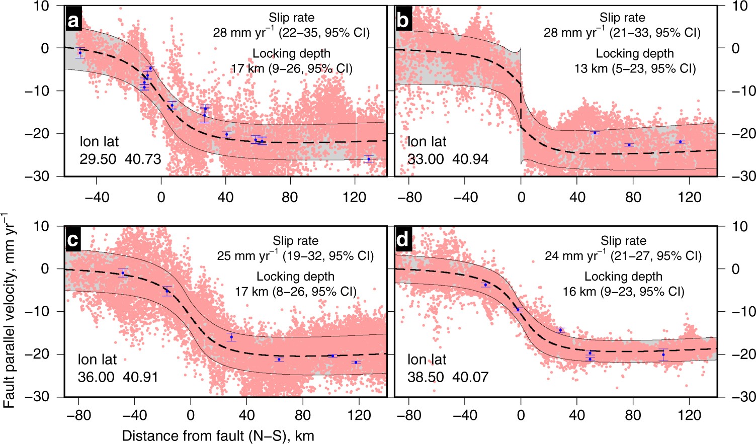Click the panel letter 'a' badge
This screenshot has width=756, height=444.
(x=74, y=21)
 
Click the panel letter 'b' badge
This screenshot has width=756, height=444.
(x=404, y=21)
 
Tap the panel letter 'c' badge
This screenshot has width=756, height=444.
(x=74, y=240)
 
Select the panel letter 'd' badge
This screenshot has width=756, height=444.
(x=404, y=240)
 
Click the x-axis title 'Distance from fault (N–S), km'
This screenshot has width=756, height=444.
(x=218, y=435)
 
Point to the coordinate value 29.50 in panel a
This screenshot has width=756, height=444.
(x=98, y=159)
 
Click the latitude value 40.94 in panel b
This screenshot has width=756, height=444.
(x=471, y=159)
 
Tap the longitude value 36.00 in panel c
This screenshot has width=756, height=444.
(x=96, y=377)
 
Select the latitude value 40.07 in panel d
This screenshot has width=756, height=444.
(x=470, y=377)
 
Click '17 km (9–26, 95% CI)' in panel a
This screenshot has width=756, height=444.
(x=291, y=68)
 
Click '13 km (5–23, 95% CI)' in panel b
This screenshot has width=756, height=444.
(x=635, y=68)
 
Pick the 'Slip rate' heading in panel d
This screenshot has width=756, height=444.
(x=623, y=241)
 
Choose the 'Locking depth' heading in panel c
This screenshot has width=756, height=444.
(x=295, y=277)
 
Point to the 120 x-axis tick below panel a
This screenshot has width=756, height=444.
(x=355, y=197)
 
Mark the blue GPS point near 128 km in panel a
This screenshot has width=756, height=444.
(x=369, y=159)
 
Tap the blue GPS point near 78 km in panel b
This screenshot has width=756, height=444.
(x=629, y=145)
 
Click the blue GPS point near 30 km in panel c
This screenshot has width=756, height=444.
(x=231, y=337)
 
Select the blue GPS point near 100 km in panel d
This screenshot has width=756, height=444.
(x=663, y=354)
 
